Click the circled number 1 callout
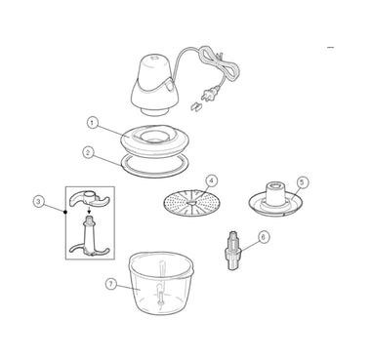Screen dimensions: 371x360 point(93,123)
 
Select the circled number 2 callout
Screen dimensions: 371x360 point(88,152)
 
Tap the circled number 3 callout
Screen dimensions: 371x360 point(39,202)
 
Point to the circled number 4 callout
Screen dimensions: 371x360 point(212,180)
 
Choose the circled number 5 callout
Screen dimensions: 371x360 point(303,182)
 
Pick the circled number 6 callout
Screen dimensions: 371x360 point(264,237)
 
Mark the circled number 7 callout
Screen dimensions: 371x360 point(111,284)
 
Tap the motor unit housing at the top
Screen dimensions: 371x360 point(154,85)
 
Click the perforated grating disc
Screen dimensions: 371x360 point(192,203)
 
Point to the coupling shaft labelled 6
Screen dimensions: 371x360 point(233,251)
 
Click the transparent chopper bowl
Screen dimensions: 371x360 point(161,283)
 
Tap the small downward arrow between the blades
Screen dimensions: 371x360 point(90,211)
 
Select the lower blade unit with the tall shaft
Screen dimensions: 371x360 point(90,237)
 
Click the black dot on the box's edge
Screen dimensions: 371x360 point(65,212)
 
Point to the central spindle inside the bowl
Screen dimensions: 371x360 point(161,283)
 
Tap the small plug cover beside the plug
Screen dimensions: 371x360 point(196,106)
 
